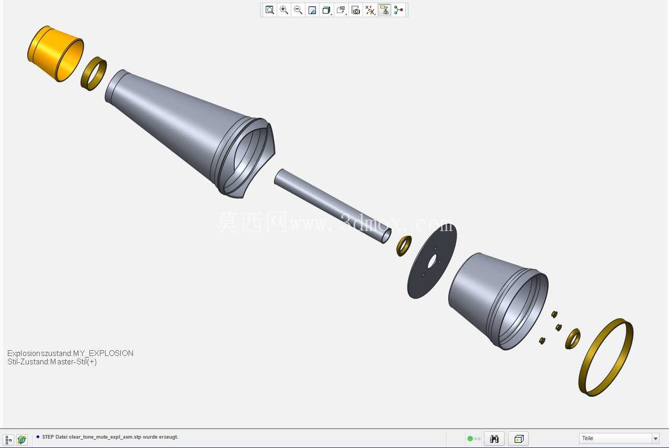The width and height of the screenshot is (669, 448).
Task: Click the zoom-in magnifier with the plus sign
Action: coord(284,10)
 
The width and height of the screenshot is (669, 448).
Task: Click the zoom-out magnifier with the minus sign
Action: coord(298,10)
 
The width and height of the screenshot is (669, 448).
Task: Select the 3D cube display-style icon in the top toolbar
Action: coord(326,10)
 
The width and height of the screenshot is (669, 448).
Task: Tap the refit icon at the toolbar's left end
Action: coord(270,10)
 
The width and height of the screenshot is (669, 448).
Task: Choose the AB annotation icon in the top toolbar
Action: coord(341,10)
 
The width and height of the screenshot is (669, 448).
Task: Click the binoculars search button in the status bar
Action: coord(494,439)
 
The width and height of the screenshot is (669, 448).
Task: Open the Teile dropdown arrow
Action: coord(655,439)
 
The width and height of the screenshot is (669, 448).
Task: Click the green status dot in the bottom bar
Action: coord(470,439)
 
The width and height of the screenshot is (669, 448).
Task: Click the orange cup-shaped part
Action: coord(55,54)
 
